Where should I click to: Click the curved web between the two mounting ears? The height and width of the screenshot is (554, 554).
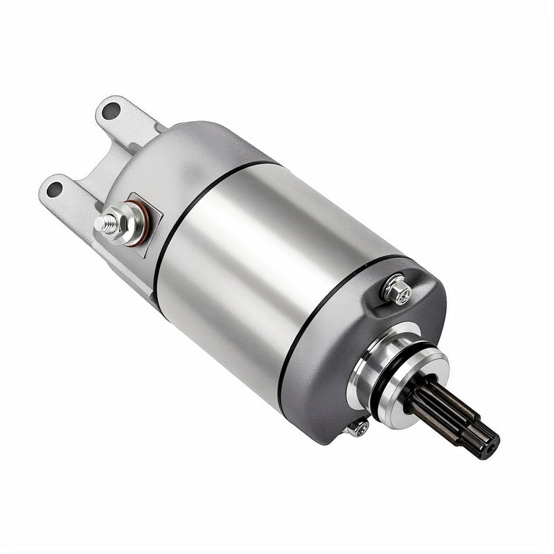[x=97, y=163]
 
